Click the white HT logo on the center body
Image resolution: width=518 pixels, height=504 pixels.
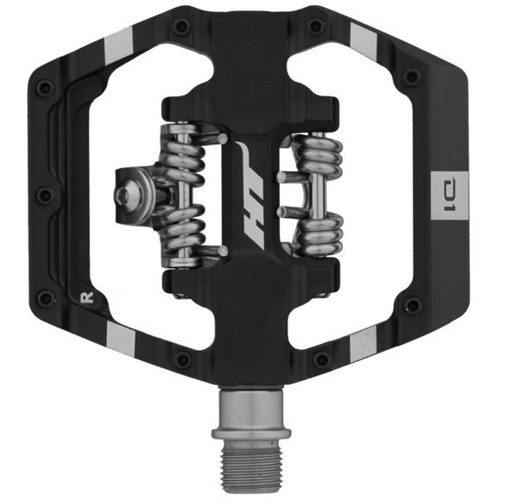tap(253, 195)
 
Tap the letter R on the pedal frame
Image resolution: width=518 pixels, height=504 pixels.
tap(87, 297)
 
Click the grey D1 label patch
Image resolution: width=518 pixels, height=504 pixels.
tap(450, 195)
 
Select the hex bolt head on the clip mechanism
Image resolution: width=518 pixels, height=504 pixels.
tap(123, 195)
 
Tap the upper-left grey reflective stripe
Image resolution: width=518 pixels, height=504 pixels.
tap(120, 48)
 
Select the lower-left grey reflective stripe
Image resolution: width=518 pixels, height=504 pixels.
tap(121, 340)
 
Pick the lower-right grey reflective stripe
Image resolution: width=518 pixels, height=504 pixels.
tap(363, 344)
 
